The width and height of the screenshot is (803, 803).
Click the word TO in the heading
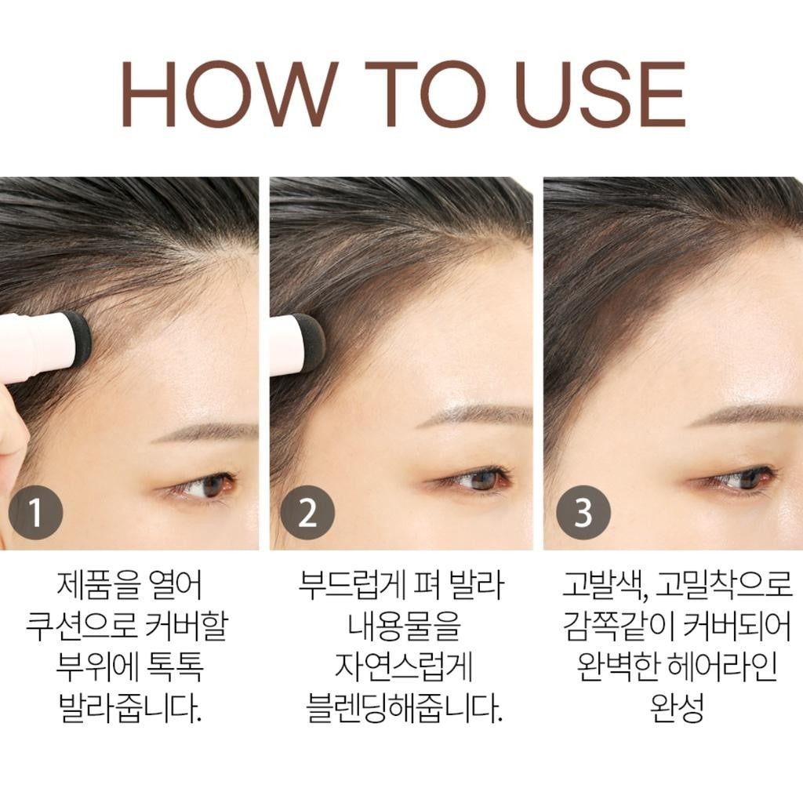pos(425,94)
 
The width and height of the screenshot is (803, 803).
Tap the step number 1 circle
pos(36,512)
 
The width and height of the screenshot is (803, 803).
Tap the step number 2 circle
pos(307,512)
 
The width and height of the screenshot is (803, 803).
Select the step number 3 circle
pos(583,512)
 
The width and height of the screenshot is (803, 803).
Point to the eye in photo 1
pos(207,486)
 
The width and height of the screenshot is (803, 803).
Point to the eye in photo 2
pos(479,480)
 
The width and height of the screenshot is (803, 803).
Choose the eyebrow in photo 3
pos(745,415)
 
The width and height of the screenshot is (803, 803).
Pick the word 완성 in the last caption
pos(677,707)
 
